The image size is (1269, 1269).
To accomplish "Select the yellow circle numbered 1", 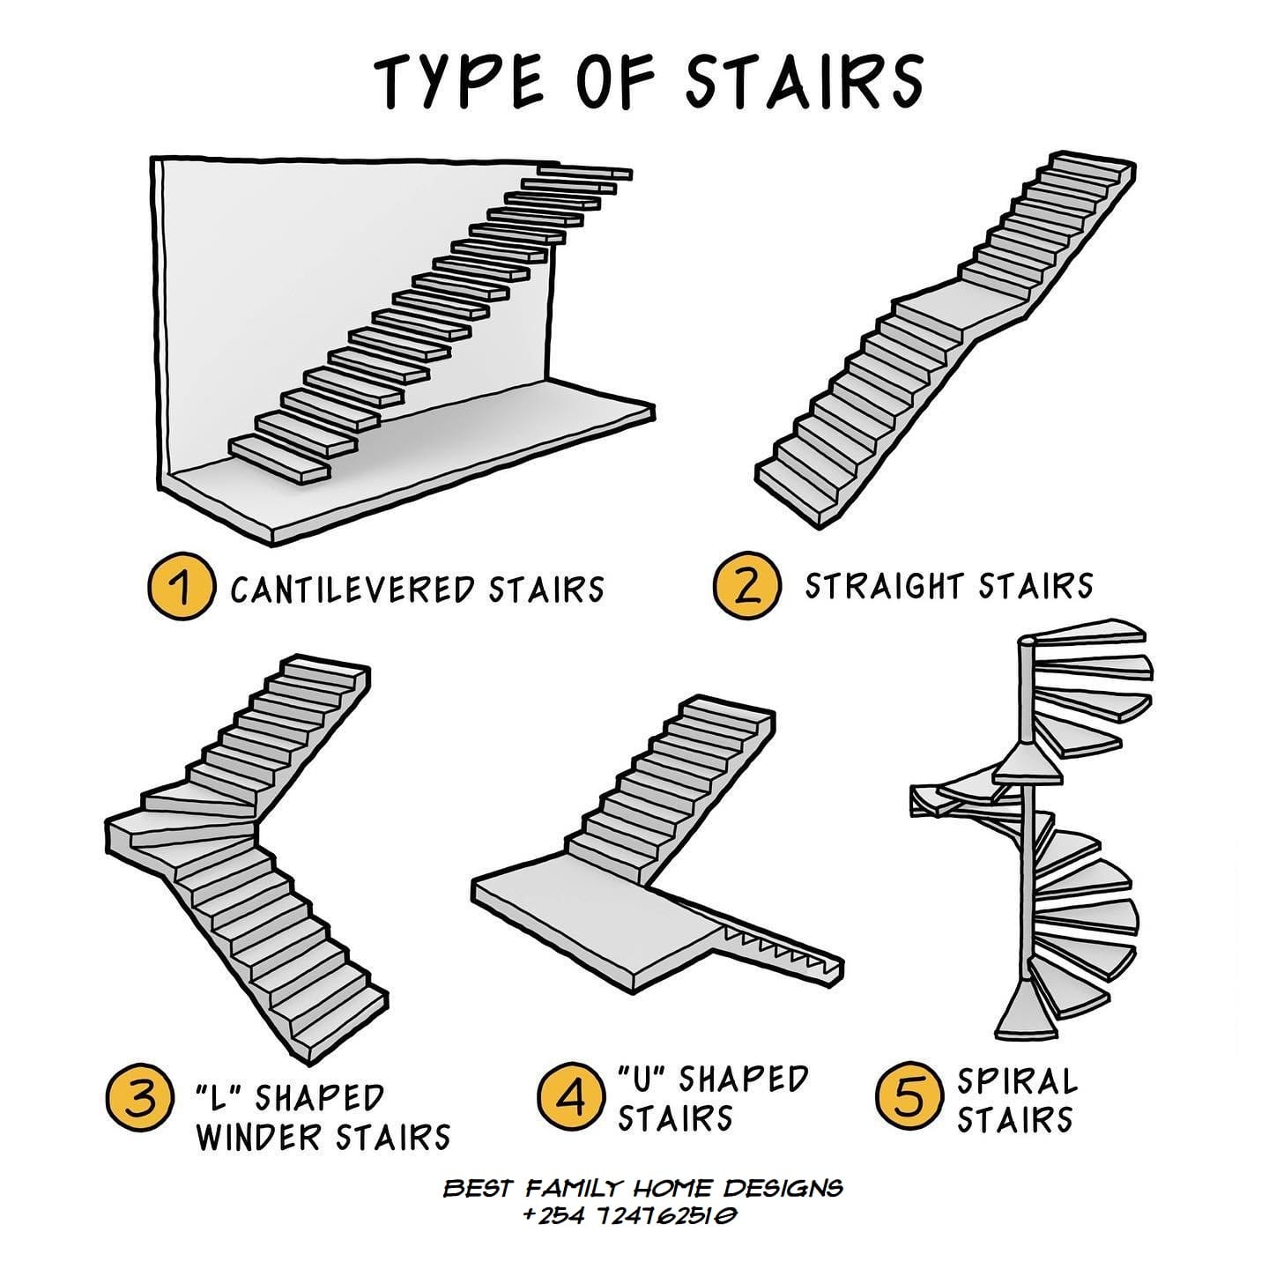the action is coord(182,586).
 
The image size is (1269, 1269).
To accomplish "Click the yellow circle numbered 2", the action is coord(747,585).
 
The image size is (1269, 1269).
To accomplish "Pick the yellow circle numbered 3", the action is coord(139,1100).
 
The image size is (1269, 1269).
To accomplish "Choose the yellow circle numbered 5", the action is coord(908,1095).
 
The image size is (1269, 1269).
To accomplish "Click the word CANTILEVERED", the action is coord(352,589).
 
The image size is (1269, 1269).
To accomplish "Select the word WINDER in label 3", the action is coord(262,1138).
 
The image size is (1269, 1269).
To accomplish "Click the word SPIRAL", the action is coord(1018,1080).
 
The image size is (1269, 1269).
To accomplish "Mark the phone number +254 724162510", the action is coord(629,1215).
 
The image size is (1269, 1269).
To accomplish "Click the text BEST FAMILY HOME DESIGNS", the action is coord(642,1188).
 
